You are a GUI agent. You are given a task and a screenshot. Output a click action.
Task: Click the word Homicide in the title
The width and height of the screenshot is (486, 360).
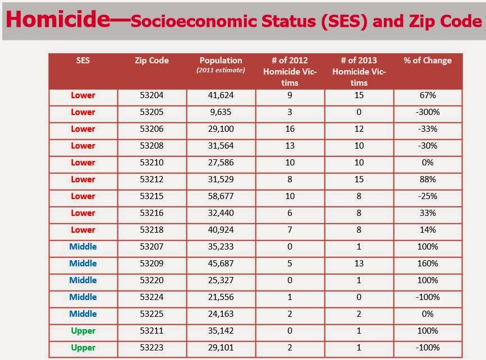click(58, 19)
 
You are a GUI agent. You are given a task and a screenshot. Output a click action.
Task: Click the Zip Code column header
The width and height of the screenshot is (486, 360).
click(152, 61)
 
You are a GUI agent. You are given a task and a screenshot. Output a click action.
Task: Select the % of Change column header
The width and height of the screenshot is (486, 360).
click(428, 61)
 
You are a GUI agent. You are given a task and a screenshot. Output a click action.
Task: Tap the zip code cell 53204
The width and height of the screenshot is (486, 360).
click(152, 95)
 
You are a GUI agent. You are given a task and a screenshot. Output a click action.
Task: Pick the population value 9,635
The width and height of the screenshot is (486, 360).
click(221, 112)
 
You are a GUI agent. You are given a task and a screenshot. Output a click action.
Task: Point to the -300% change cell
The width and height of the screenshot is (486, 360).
click(428, 112)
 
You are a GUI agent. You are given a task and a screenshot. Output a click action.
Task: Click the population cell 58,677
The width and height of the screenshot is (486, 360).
click(221, 196)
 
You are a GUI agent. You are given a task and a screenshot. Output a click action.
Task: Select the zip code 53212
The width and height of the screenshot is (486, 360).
click(152, 179)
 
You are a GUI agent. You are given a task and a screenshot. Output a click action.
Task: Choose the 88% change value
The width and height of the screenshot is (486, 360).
click(428, 179)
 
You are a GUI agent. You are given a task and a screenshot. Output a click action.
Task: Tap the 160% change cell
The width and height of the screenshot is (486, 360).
click(428, 264)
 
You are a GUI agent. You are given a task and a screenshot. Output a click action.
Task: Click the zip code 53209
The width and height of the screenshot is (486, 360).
click(152, 264)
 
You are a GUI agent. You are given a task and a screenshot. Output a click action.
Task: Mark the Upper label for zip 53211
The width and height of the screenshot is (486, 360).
click(83, 331)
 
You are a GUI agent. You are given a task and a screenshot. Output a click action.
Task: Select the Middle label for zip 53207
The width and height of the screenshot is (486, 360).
click(83, 247)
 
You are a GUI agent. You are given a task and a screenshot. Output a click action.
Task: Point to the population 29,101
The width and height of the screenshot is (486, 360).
click(221, 348)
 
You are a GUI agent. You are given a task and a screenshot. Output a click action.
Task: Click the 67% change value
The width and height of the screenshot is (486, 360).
click(428, 95)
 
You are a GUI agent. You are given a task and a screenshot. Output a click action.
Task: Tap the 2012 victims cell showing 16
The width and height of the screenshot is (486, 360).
click(290, 129)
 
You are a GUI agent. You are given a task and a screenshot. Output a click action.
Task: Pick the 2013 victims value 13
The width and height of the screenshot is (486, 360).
click(359, 264)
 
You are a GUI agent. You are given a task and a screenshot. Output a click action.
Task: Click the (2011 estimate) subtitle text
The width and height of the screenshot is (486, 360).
click(221, 70)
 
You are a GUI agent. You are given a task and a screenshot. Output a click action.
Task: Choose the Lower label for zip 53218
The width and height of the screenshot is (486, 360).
click(83, 230)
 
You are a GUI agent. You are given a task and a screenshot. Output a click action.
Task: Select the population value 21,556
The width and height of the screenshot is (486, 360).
click(221, 297)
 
